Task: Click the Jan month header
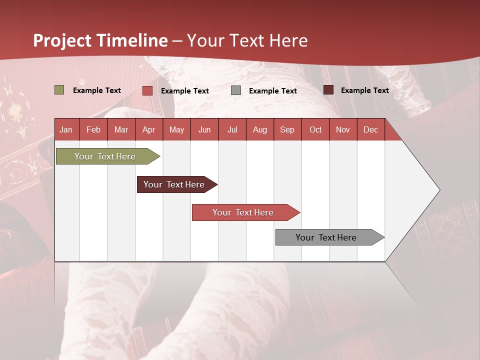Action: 66,129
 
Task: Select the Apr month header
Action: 149,129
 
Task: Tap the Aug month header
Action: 260,129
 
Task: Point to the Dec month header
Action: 371,129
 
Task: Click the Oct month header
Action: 315,129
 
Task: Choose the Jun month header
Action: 204,129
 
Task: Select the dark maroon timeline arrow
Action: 175,184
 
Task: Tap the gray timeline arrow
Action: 327,237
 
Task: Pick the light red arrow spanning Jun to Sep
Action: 244,212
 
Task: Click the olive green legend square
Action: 59,90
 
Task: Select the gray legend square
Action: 236,90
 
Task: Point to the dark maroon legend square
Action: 328,90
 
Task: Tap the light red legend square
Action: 147,90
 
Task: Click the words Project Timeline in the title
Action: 100,40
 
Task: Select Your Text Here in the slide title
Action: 247,40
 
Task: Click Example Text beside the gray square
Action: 273,91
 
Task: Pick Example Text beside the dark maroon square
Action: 365,90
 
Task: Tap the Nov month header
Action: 343,129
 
